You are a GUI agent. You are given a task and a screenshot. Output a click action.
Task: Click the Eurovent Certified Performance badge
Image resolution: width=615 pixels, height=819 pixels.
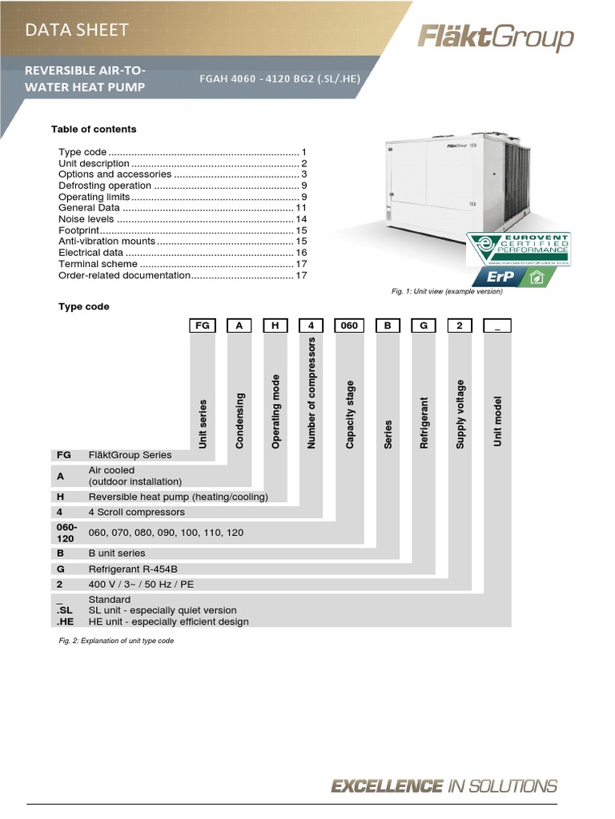pos(519,250)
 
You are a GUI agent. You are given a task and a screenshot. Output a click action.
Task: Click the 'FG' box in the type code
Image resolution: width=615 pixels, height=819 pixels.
pos(203,326)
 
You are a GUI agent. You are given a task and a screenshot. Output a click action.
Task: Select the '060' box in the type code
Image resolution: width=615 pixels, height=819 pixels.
pos(350,326)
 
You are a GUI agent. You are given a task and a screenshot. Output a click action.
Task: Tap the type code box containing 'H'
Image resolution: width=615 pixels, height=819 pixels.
pos(275,326)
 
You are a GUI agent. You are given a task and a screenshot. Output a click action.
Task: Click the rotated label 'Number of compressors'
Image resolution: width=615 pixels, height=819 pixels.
pos(312,392)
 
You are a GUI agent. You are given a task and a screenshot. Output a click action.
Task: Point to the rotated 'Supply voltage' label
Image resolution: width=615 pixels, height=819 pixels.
pos(460,413)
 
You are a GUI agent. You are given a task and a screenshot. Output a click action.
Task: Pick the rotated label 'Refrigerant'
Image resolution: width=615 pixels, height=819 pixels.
pos(424,422)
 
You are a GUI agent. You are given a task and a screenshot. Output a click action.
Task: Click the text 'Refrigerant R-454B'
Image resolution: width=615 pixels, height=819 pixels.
pos(132,569)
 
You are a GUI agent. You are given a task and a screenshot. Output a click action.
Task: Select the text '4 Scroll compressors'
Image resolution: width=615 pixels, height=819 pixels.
pos(136,512)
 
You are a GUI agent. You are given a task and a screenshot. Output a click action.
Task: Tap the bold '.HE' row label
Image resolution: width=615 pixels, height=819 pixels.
pos(65,621)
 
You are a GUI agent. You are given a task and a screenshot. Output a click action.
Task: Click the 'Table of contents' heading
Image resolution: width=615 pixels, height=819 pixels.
pos(94,130)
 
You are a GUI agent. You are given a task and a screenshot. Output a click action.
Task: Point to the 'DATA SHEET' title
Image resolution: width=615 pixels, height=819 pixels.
pos(77,30)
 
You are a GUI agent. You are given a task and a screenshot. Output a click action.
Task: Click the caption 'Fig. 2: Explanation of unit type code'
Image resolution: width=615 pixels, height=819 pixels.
pos(116,641)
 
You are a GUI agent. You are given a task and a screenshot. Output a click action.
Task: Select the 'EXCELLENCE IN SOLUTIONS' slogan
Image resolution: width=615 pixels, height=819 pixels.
pos(444,786)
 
